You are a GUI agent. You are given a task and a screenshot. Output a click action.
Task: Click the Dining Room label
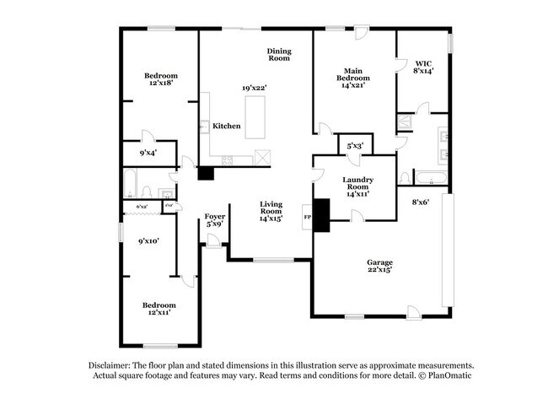coord(279,55)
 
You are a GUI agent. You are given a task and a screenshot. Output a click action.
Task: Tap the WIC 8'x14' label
coord(424,67)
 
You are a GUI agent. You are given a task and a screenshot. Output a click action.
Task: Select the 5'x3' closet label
coord(355,146)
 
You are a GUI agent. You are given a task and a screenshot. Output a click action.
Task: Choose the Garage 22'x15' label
coord(379,267)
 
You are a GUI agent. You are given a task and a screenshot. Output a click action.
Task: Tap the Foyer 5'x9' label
coord(215,220)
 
